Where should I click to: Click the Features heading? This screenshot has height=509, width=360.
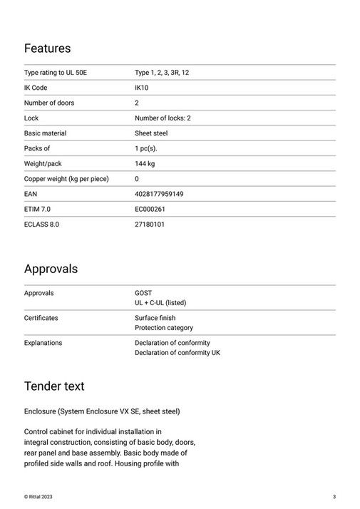coord(47,48)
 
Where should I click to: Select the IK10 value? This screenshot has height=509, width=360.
coord(142,88)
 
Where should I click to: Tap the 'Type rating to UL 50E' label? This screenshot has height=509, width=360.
coord(56,73)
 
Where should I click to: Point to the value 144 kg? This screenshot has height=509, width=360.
coord(145,164)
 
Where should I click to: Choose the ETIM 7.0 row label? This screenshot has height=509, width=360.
coord(38,209)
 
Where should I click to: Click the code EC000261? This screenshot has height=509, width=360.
coord(150,209)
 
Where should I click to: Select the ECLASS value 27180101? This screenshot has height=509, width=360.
coord(150,225)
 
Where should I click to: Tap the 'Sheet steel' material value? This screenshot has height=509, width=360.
coord(151,133)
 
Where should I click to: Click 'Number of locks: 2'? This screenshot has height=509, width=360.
coord(163,118)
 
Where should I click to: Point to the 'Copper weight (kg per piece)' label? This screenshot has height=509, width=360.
coord(66,179)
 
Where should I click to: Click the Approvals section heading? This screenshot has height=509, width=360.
coord(51,269)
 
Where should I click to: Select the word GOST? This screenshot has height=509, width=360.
coord(143,293)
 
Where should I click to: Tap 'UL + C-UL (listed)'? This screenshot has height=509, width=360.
coord(160,303)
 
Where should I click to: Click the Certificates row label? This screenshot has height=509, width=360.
coord(41,318)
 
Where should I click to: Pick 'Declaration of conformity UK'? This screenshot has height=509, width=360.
coord(178,353)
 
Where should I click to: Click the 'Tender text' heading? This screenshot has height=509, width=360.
coord(54,386)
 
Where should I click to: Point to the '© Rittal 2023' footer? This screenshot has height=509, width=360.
coord(38,496)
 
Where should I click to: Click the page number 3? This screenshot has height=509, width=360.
coord(334,496)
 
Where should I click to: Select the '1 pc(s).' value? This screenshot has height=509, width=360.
coord(146,148)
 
